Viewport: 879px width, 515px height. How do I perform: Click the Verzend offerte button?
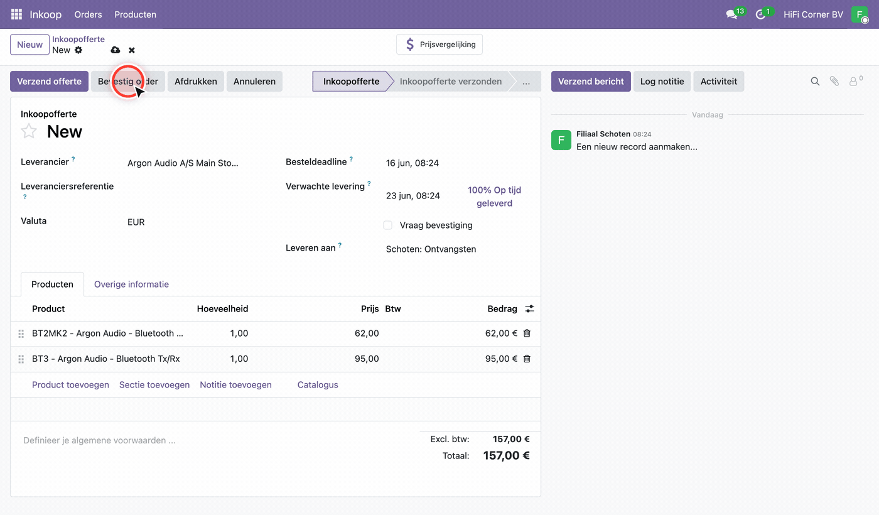[49, 81]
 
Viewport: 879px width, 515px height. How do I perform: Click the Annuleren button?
[254, 81]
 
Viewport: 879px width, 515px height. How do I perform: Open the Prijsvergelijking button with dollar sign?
[439, 45]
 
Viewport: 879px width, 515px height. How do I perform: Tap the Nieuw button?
[30, 45]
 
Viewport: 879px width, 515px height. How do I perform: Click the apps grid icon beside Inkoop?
[16, 14]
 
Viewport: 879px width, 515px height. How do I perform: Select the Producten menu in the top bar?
[136, 14]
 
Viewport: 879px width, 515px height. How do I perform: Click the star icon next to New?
[29, 131]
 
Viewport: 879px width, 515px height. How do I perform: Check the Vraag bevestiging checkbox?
[388, 225]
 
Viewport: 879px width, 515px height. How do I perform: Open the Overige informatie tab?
[131, 284]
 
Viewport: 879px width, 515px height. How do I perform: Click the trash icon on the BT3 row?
[527, 359]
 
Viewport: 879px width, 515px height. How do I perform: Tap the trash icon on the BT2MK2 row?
[527, 333]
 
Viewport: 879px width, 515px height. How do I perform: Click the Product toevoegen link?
[70, 384]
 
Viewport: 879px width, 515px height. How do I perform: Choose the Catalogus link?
[318, 384]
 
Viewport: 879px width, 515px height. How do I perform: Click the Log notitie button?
[662, 81]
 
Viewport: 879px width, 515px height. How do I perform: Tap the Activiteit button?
[719, 81]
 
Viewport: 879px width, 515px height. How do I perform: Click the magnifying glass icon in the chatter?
[815, 81]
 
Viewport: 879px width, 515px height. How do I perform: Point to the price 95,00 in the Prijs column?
[367, 359]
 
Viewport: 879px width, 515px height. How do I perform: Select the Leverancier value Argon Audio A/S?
[183, 163]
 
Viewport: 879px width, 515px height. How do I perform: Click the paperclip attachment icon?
[834, 81]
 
